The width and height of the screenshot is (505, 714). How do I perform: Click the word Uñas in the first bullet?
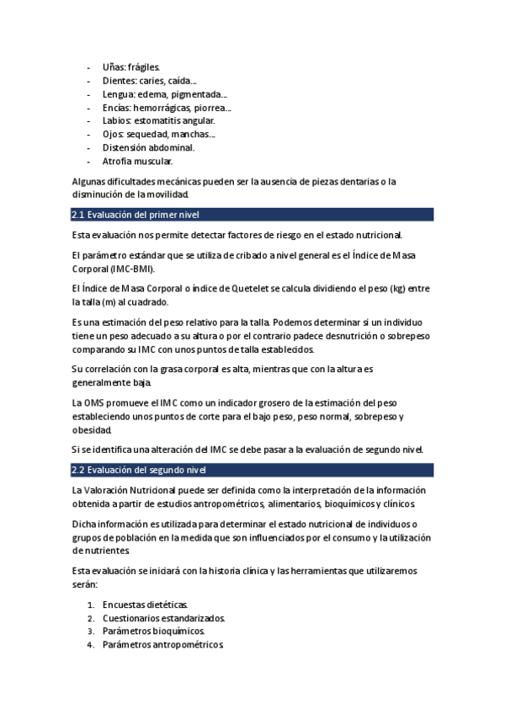(113, 67)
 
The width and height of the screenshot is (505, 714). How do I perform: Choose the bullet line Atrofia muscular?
(137, 161)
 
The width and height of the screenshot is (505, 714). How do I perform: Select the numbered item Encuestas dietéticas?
(145, 605)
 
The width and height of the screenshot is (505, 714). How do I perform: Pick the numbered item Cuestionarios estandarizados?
(163, 618)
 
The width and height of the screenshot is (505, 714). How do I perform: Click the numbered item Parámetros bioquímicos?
(153, 631)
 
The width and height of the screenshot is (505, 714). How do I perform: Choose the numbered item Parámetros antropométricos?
(163, 645)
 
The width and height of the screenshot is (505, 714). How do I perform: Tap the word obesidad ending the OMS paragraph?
(91, 430)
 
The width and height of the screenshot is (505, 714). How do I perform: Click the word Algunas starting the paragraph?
(90, 181)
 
